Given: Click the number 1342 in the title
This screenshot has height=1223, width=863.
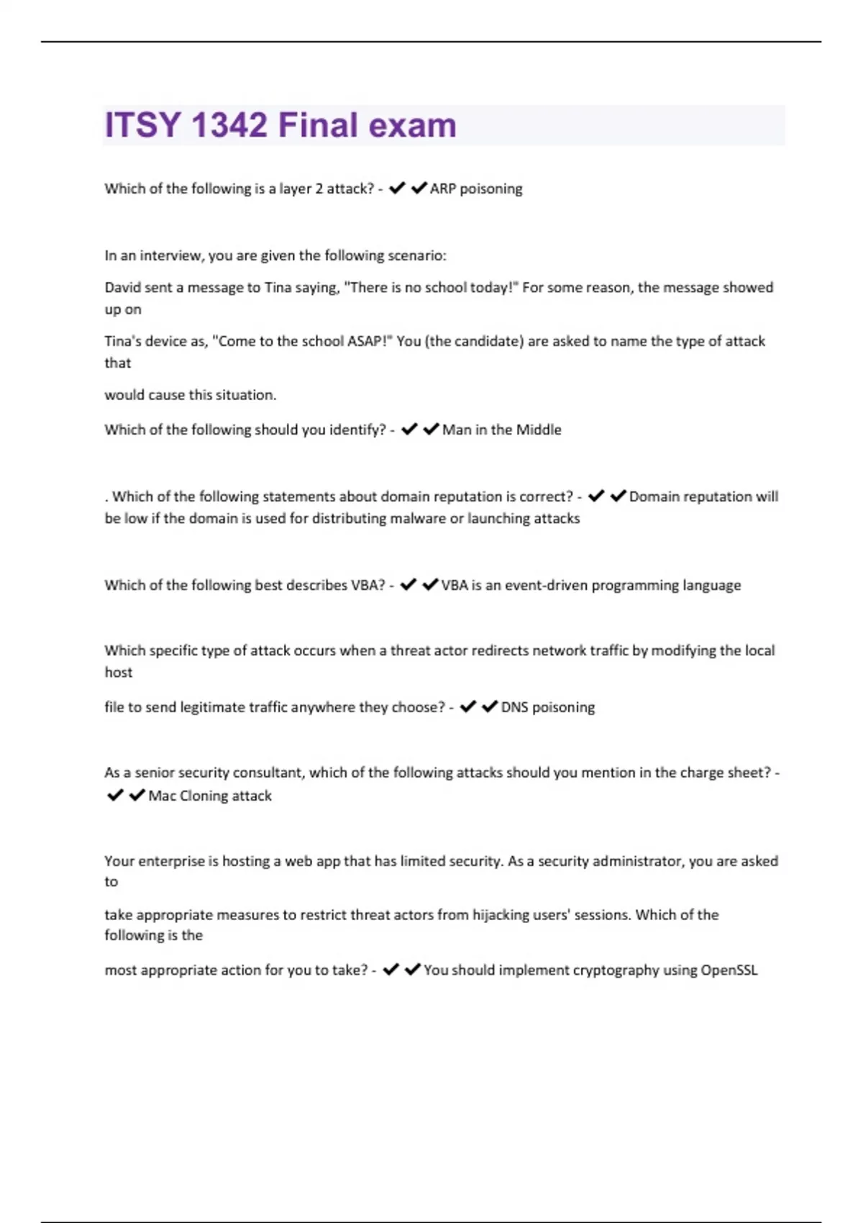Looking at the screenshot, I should pyautogui.click(x=229, y=125).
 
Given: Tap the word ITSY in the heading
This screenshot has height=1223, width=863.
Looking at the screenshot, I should pyautogui.click(x=142, y=125).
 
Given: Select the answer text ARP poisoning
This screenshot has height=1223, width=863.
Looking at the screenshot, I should pyautogui.click(x=476, y=188).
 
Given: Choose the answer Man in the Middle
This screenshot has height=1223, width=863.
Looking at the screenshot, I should pyautogui.click(x=501, y=429).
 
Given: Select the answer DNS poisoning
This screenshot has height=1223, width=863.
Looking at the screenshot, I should pyautogui.click(x=547, y=707).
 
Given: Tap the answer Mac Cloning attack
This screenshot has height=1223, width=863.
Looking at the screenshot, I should pyautogui.click(x=210, y=796).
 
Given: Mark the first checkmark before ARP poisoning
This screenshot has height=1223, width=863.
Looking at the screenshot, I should pyautogui.click(x=396, y=188).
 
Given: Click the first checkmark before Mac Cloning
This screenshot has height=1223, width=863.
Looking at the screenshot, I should pyautogui.click(x=115, y=795).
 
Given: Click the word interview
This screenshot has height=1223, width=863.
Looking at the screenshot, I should pyautogui.click(x=170, y=255).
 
